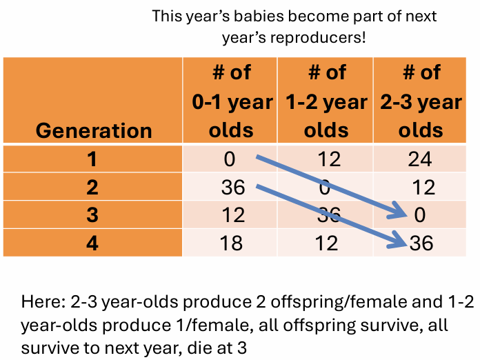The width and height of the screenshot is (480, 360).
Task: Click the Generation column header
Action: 93,130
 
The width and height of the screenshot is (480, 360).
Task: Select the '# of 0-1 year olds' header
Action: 231,101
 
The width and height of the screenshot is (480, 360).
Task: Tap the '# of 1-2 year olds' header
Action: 326,101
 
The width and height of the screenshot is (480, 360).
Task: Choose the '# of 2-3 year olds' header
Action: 421,101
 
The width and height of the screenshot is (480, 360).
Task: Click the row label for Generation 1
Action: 93,159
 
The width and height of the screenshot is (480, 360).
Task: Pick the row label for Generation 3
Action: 93,214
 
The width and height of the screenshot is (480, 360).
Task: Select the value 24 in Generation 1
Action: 421,159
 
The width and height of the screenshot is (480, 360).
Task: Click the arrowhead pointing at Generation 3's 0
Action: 399,212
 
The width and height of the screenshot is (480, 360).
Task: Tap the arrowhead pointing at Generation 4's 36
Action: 398,240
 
